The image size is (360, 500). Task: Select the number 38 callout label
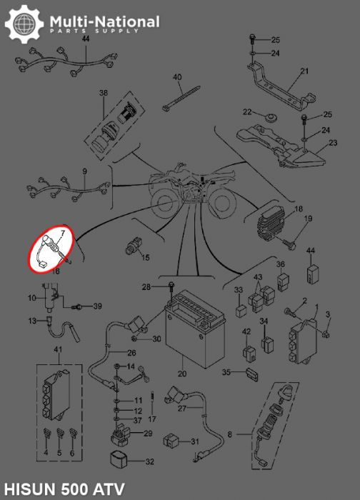tap(104, 93)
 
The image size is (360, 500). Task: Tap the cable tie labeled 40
tap(181, 98)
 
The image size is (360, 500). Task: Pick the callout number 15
tap(146, 257)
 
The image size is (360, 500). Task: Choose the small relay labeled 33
tap(241, 310)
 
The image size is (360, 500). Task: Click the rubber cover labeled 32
tap(119, 459)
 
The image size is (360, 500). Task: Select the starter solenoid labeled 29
tap(121, 434)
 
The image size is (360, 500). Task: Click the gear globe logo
tap(24, 24)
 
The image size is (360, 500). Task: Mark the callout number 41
tap(58, 349)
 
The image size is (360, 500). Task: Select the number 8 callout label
tap(230, 434)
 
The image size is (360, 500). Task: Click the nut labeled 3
tap(326, 334)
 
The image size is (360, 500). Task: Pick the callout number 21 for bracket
tap(305, 71)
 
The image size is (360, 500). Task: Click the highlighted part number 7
tap(62, 233)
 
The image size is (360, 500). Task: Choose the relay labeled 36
tap(283, 281)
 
